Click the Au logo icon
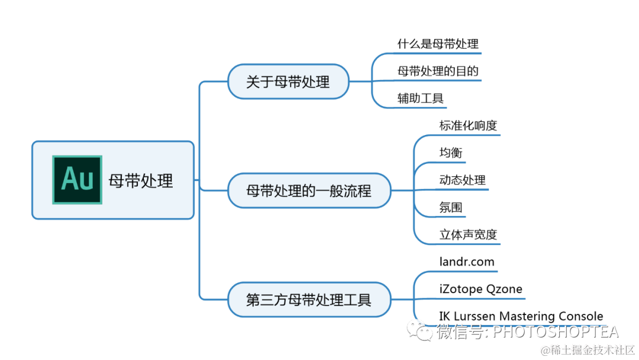tap(77, 180)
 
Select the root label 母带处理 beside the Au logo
tap(141, 181)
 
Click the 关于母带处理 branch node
tap(288, 82)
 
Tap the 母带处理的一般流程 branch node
tap(309, 191)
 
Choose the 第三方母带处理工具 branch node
tap(309, 300)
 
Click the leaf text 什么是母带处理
tap(438, 44)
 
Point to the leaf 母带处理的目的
tap(438, 71)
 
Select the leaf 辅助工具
tap(421, 98)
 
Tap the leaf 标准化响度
tap(468, 126)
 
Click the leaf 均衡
tap(451, 153)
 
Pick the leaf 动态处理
tap(462, 180)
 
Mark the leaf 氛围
tap(451, 207)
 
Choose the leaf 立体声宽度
tap(468, 234)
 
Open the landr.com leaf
tap(467, 262)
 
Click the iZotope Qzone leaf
tap(481, 289)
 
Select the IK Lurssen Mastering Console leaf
tap(521, 316)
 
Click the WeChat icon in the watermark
tap(423, 332)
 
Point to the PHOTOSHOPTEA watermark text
tap(556, 332)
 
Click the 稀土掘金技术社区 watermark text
tap(593, 350)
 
